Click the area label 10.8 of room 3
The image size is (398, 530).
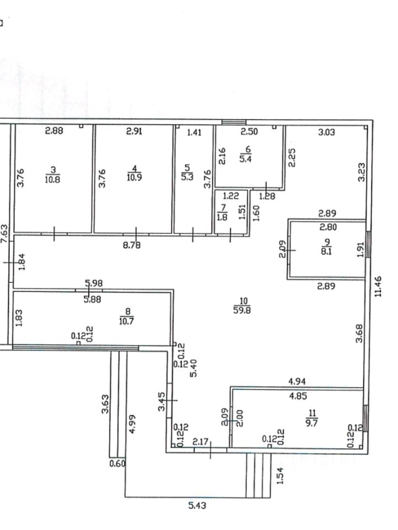pos(54,179)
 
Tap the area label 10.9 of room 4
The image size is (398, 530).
pos(134,179)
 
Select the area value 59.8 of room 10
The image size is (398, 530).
pos(243,310)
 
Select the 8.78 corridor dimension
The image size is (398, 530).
pos(131,245)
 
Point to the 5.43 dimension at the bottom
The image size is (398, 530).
pos(197,505)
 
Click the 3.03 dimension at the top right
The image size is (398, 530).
pos(327,132)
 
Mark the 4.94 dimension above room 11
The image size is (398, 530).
pos(298,381)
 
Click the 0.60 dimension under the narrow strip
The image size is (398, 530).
pos(118,464)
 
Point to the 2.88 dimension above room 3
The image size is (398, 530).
pos(54,131)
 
